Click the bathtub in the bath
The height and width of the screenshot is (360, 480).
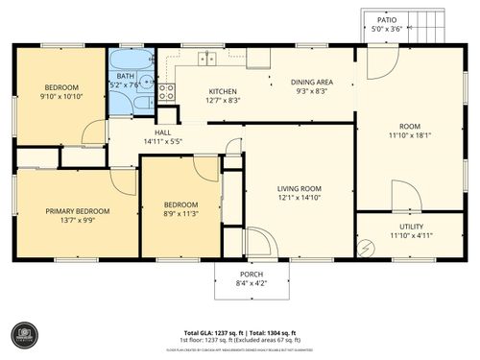point(132,60)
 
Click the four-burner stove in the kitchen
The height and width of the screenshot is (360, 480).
point(166,93)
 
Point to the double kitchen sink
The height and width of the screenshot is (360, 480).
point(206,60)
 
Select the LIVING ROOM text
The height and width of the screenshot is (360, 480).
point(300,189)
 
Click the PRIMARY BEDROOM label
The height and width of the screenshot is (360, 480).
point(78,211)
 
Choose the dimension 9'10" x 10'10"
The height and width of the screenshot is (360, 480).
point(62,96)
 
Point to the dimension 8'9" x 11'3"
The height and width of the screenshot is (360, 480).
point(180,214)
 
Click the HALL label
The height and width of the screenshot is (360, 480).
point(162,132)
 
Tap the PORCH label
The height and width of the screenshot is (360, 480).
point(251,274)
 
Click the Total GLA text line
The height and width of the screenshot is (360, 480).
point(240,331)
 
